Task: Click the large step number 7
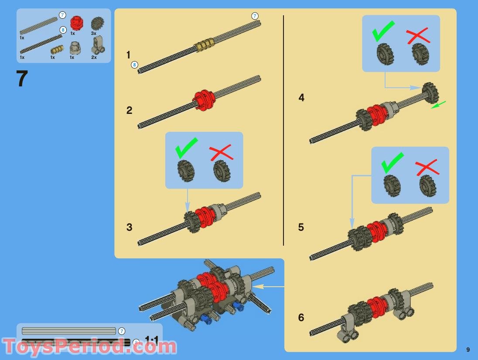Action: pos(22,79)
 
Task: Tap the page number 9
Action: pos(468,350)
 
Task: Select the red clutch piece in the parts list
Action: pos(76,23)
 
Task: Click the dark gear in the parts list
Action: pos(97,24)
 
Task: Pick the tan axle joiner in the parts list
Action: pos(57,49)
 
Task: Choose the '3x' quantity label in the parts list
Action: pos(94,33)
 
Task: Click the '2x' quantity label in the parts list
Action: pos(94,57)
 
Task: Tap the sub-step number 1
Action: pos(128,55)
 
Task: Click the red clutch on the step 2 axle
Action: pos(204,99)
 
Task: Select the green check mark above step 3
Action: pos(186,147)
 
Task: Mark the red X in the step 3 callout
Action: pos(221,153)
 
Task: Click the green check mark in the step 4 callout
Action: pos(383,31)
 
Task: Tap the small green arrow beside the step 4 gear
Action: pos(438,105)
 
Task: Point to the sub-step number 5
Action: pos(301,227)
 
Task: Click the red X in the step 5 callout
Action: pos(427,167)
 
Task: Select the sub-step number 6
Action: pos(301,318)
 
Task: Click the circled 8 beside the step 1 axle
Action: pos(134,65)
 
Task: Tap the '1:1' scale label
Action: pos(152,339)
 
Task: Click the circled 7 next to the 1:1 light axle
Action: pos(121,331)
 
